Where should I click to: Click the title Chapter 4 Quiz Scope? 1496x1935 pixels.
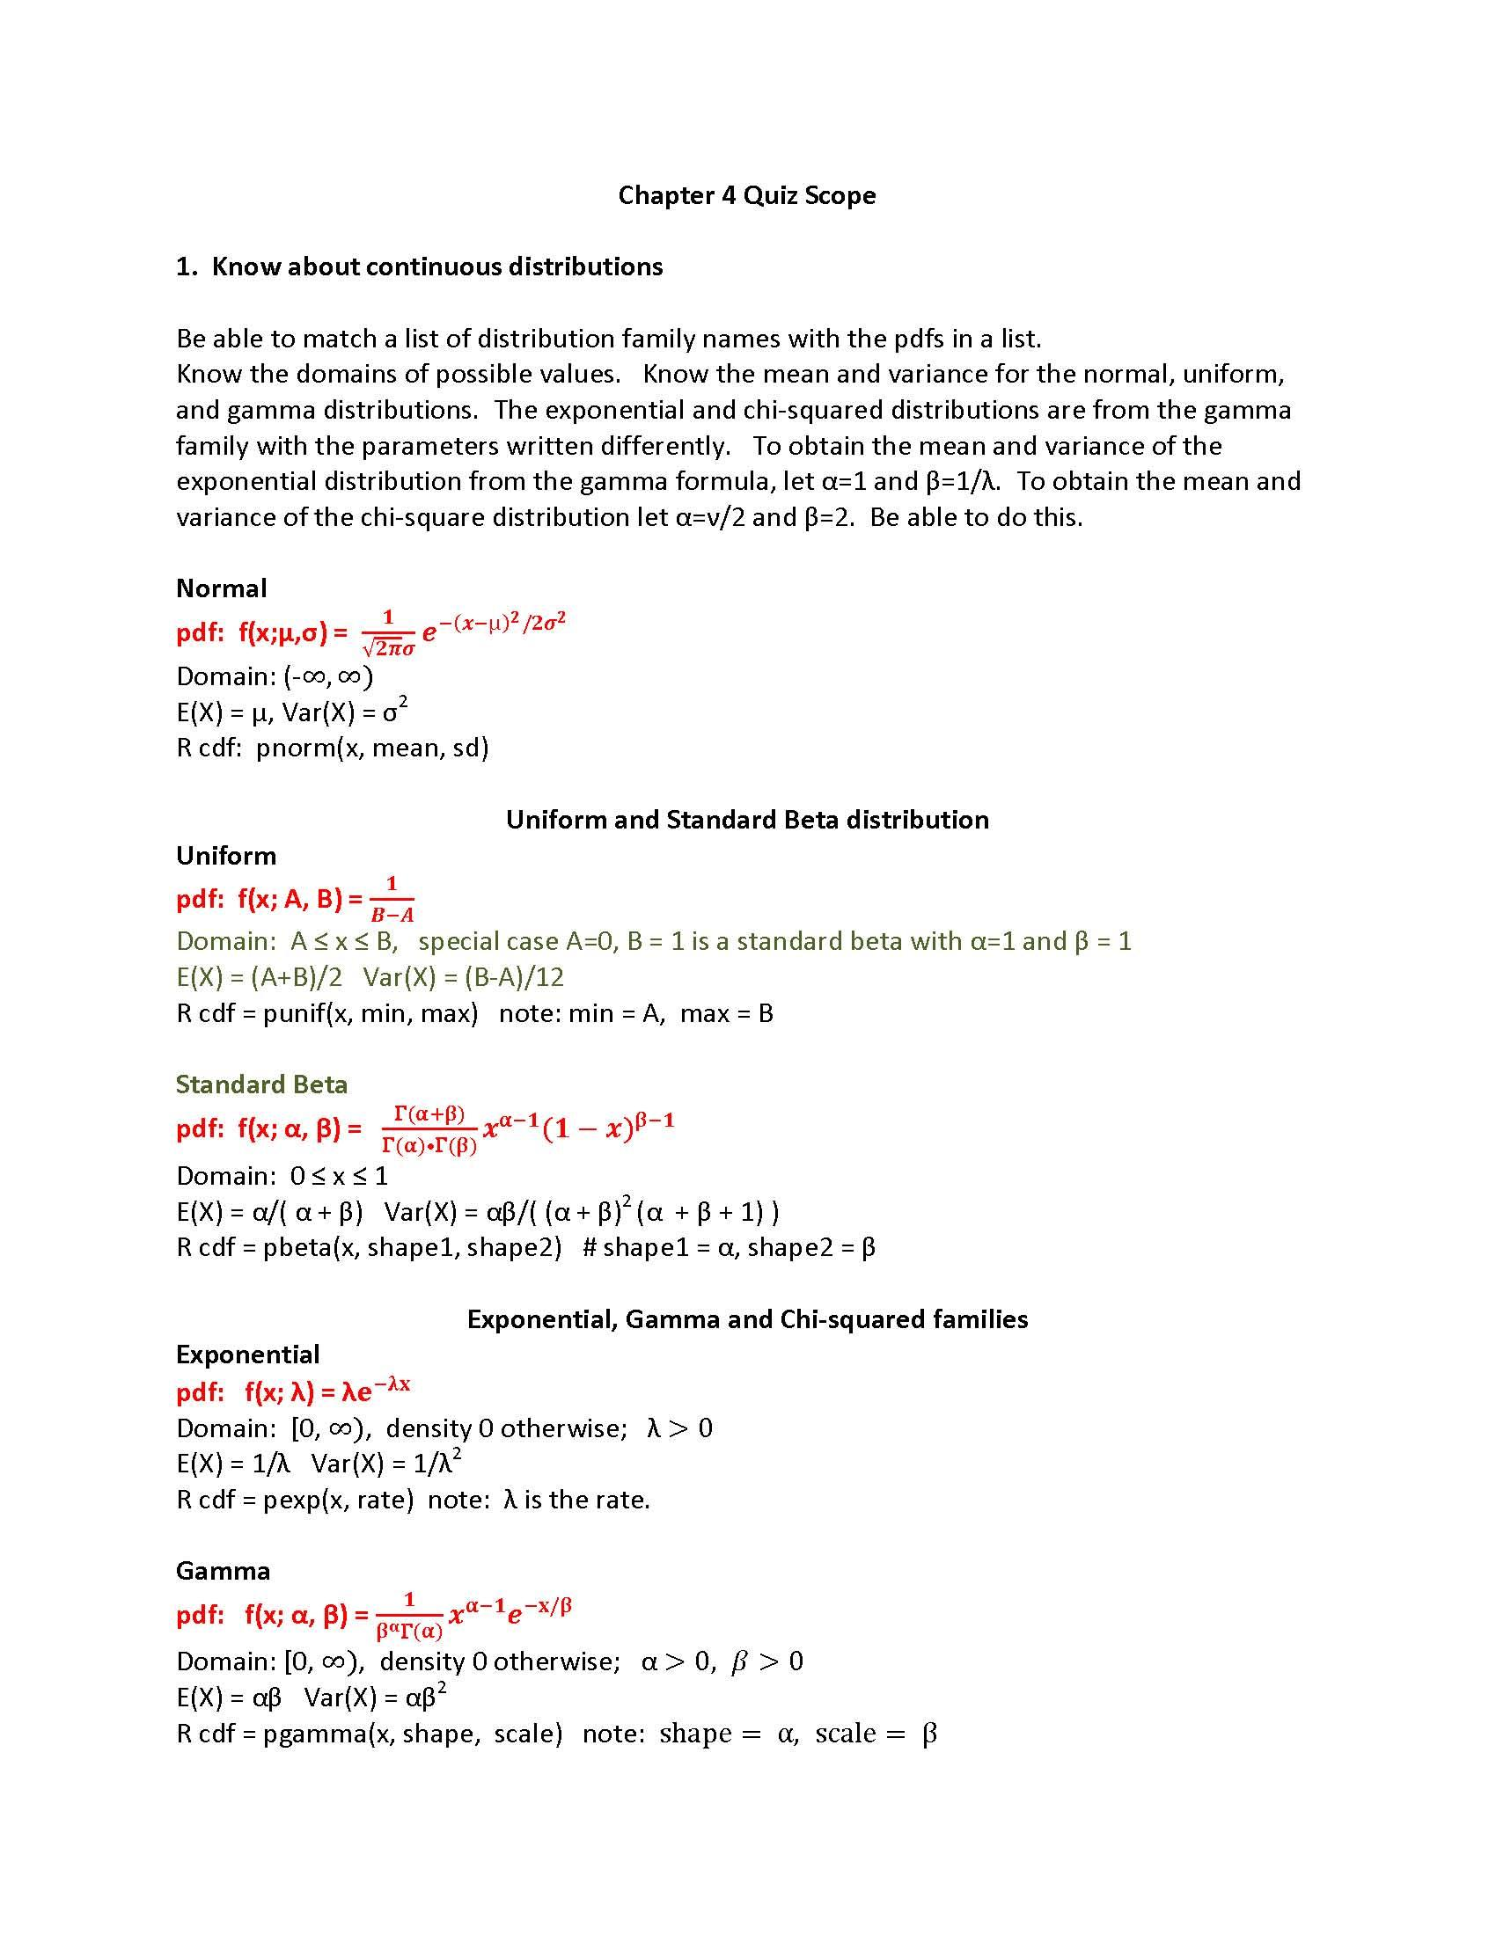746,195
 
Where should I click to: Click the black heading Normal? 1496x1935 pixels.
221,588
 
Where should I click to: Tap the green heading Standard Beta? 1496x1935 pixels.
261,1084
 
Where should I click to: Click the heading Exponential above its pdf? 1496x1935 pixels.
247,1354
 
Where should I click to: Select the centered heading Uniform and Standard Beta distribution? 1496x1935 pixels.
746,819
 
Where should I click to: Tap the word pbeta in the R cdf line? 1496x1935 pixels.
296,1246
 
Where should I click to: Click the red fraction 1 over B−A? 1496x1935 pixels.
392,899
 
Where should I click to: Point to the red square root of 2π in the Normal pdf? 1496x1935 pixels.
383,648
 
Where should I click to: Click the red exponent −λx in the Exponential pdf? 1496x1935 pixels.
392,1384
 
